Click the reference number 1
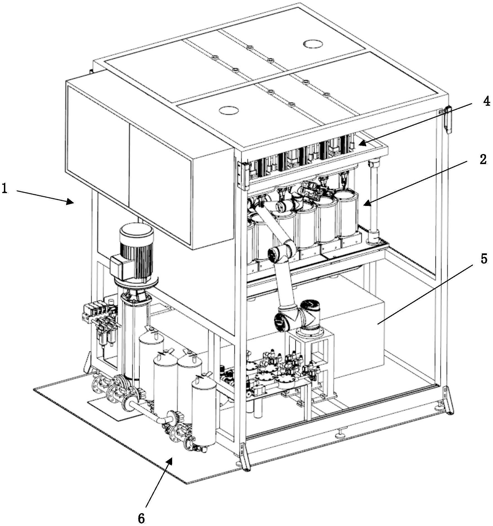[5, 189]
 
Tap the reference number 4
[487, 101]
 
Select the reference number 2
[483, 160]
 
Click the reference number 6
[141, 518]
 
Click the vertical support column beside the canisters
[373, 201]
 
